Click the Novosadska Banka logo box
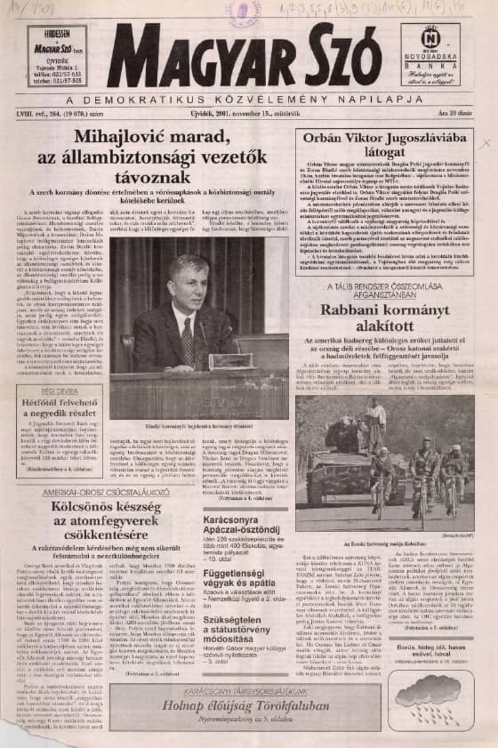(430, 55)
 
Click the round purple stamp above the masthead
(242, 12)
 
